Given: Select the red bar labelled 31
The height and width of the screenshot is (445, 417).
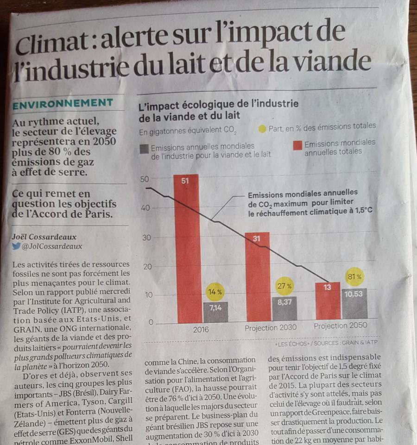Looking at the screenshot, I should [257, 278].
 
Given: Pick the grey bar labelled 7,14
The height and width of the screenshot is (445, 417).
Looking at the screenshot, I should [215, 313].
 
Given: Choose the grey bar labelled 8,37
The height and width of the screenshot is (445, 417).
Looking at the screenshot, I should [284, 309].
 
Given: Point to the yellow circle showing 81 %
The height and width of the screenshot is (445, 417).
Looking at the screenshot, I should [354, 276].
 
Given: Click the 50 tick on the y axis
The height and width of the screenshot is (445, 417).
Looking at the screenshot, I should [145, 179].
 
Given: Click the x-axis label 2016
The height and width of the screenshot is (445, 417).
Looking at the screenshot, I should [201, 330].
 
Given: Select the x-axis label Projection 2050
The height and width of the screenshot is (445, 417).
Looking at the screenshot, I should [340, 326].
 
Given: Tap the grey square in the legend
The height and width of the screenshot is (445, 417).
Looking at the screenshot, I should [144, 148].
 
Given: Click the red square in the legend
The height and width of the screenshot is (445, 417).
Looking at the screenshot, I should [297, 146].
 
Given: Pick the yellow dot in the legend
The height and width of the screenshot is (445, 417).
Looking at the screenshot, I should [262, 129].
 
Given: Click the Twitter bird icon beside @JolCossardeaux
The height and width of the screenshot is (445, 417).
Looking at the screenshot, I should [17, 246].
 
